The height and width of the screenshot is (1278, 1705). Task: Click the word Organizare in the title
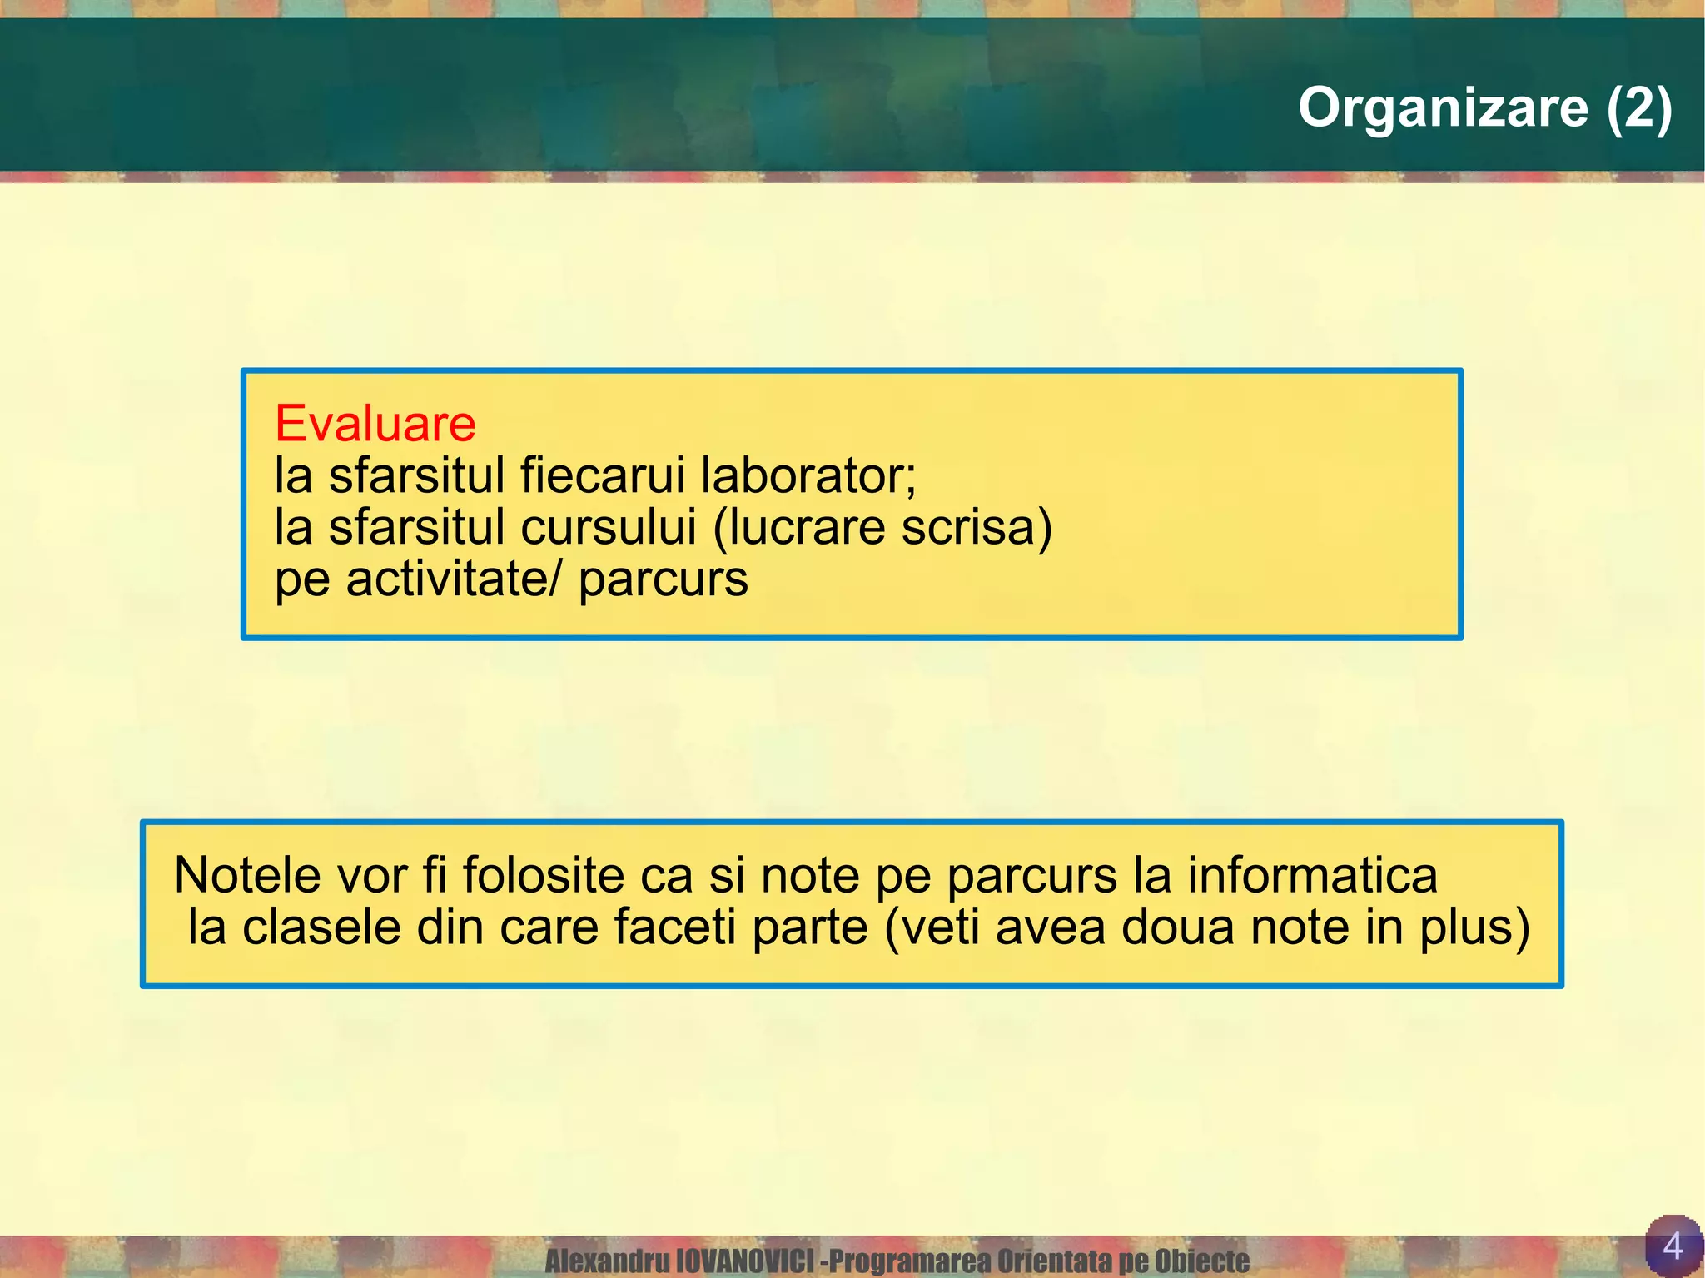tap(1443, 108)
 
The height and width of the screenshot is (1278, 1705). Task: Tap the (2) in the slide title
tap(1638, 108)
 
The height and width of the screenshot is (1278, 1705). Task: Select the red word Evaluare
tap(375, 423)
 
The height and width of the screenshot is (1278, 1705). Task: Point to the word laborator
tap(808, 475)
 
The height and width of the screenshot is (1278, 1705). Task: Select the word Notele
tap(248, 875)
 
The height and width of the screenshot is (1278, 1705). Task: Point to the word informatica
tap(1312, 875)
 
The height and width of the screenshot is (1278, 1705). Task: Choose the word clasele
tap(321, 927)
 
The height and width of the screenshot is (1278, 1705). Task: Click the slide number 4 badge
tap(1672, 1246)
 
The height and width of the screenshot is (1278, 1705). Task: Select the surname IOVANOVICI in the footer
tap(744, 1261)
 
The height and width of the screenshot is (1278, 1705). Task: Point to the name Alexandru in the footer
tap(607, 1261)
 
